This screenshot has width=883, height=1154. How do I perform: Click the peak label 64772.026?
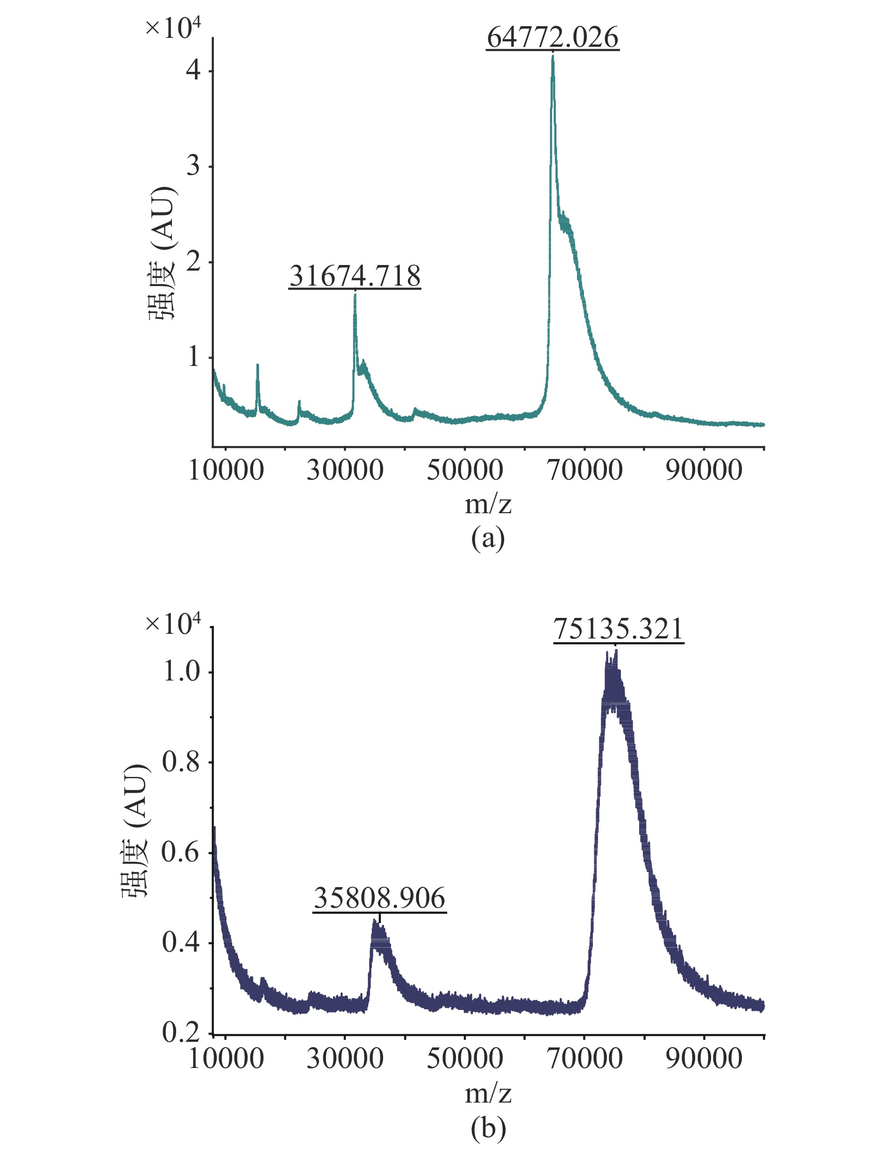(552, 37)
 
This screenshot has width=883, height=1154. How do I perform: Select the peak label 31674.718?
(355, 276)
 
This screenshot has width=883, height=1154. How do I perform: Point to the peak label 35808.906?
(379, 898)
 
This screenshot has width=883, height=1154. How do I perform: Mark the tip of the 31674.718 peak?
(355, 295)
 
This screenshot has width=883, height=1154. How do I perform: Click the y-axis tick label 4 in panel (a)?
(193, 70)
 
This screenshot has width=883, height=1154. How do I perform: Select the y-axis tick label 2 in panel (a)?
(193, 261)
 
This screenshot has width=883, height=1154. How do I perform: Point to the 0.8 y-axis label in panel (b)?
(181, 762)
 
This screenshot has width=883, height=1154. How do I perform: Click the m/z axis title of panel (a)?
(488, 504)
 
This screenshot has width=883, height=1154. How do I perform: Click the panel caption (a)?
(488, 538)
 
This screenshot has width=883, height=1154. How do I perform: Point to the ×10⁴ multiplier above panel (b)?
(173, 624)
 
